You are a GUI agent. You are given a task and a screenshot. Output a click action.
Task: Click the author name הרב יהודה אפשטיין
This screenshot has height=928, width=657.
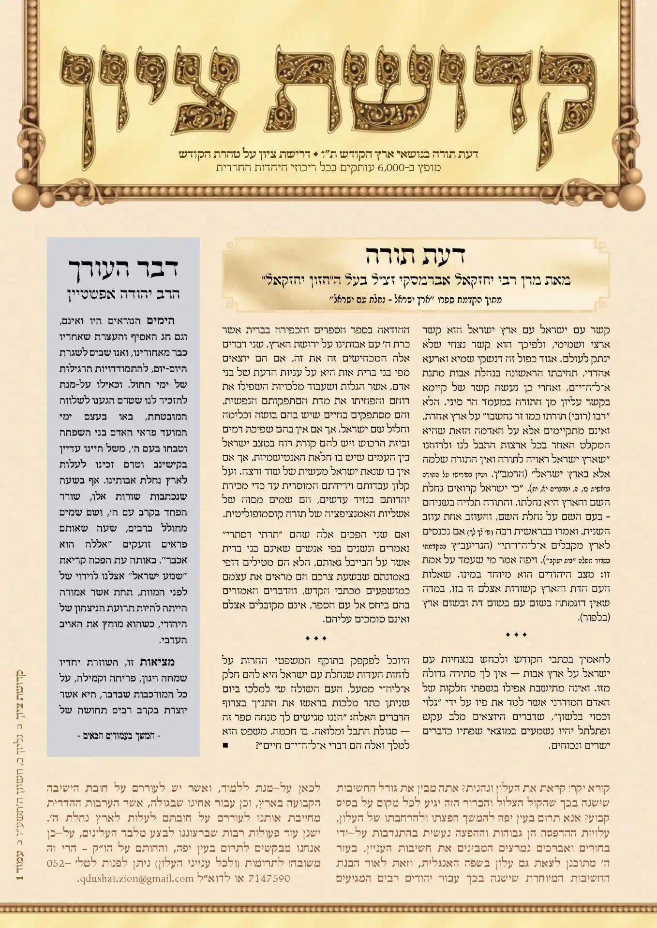pos(123,294)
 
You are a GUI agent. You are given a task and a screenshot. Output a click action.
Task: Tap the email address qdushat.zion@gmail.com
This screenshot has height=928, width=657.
pos(136,878)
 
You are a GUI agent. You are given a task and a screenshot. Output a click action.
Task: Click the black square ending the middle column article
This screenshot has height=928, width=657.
pos(226,745)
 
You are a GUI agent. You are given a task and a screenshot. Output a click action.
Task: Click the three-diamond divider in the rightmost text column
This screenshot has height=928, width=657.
pos(516,635)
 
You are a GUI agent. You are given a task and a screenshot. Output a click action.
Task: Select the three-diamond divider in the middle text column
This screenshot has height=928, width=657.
pos(316,638)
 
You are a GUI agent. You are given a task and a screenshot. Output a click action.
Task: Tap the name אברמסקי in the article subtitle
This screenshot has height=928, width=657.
pos(450,280)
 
